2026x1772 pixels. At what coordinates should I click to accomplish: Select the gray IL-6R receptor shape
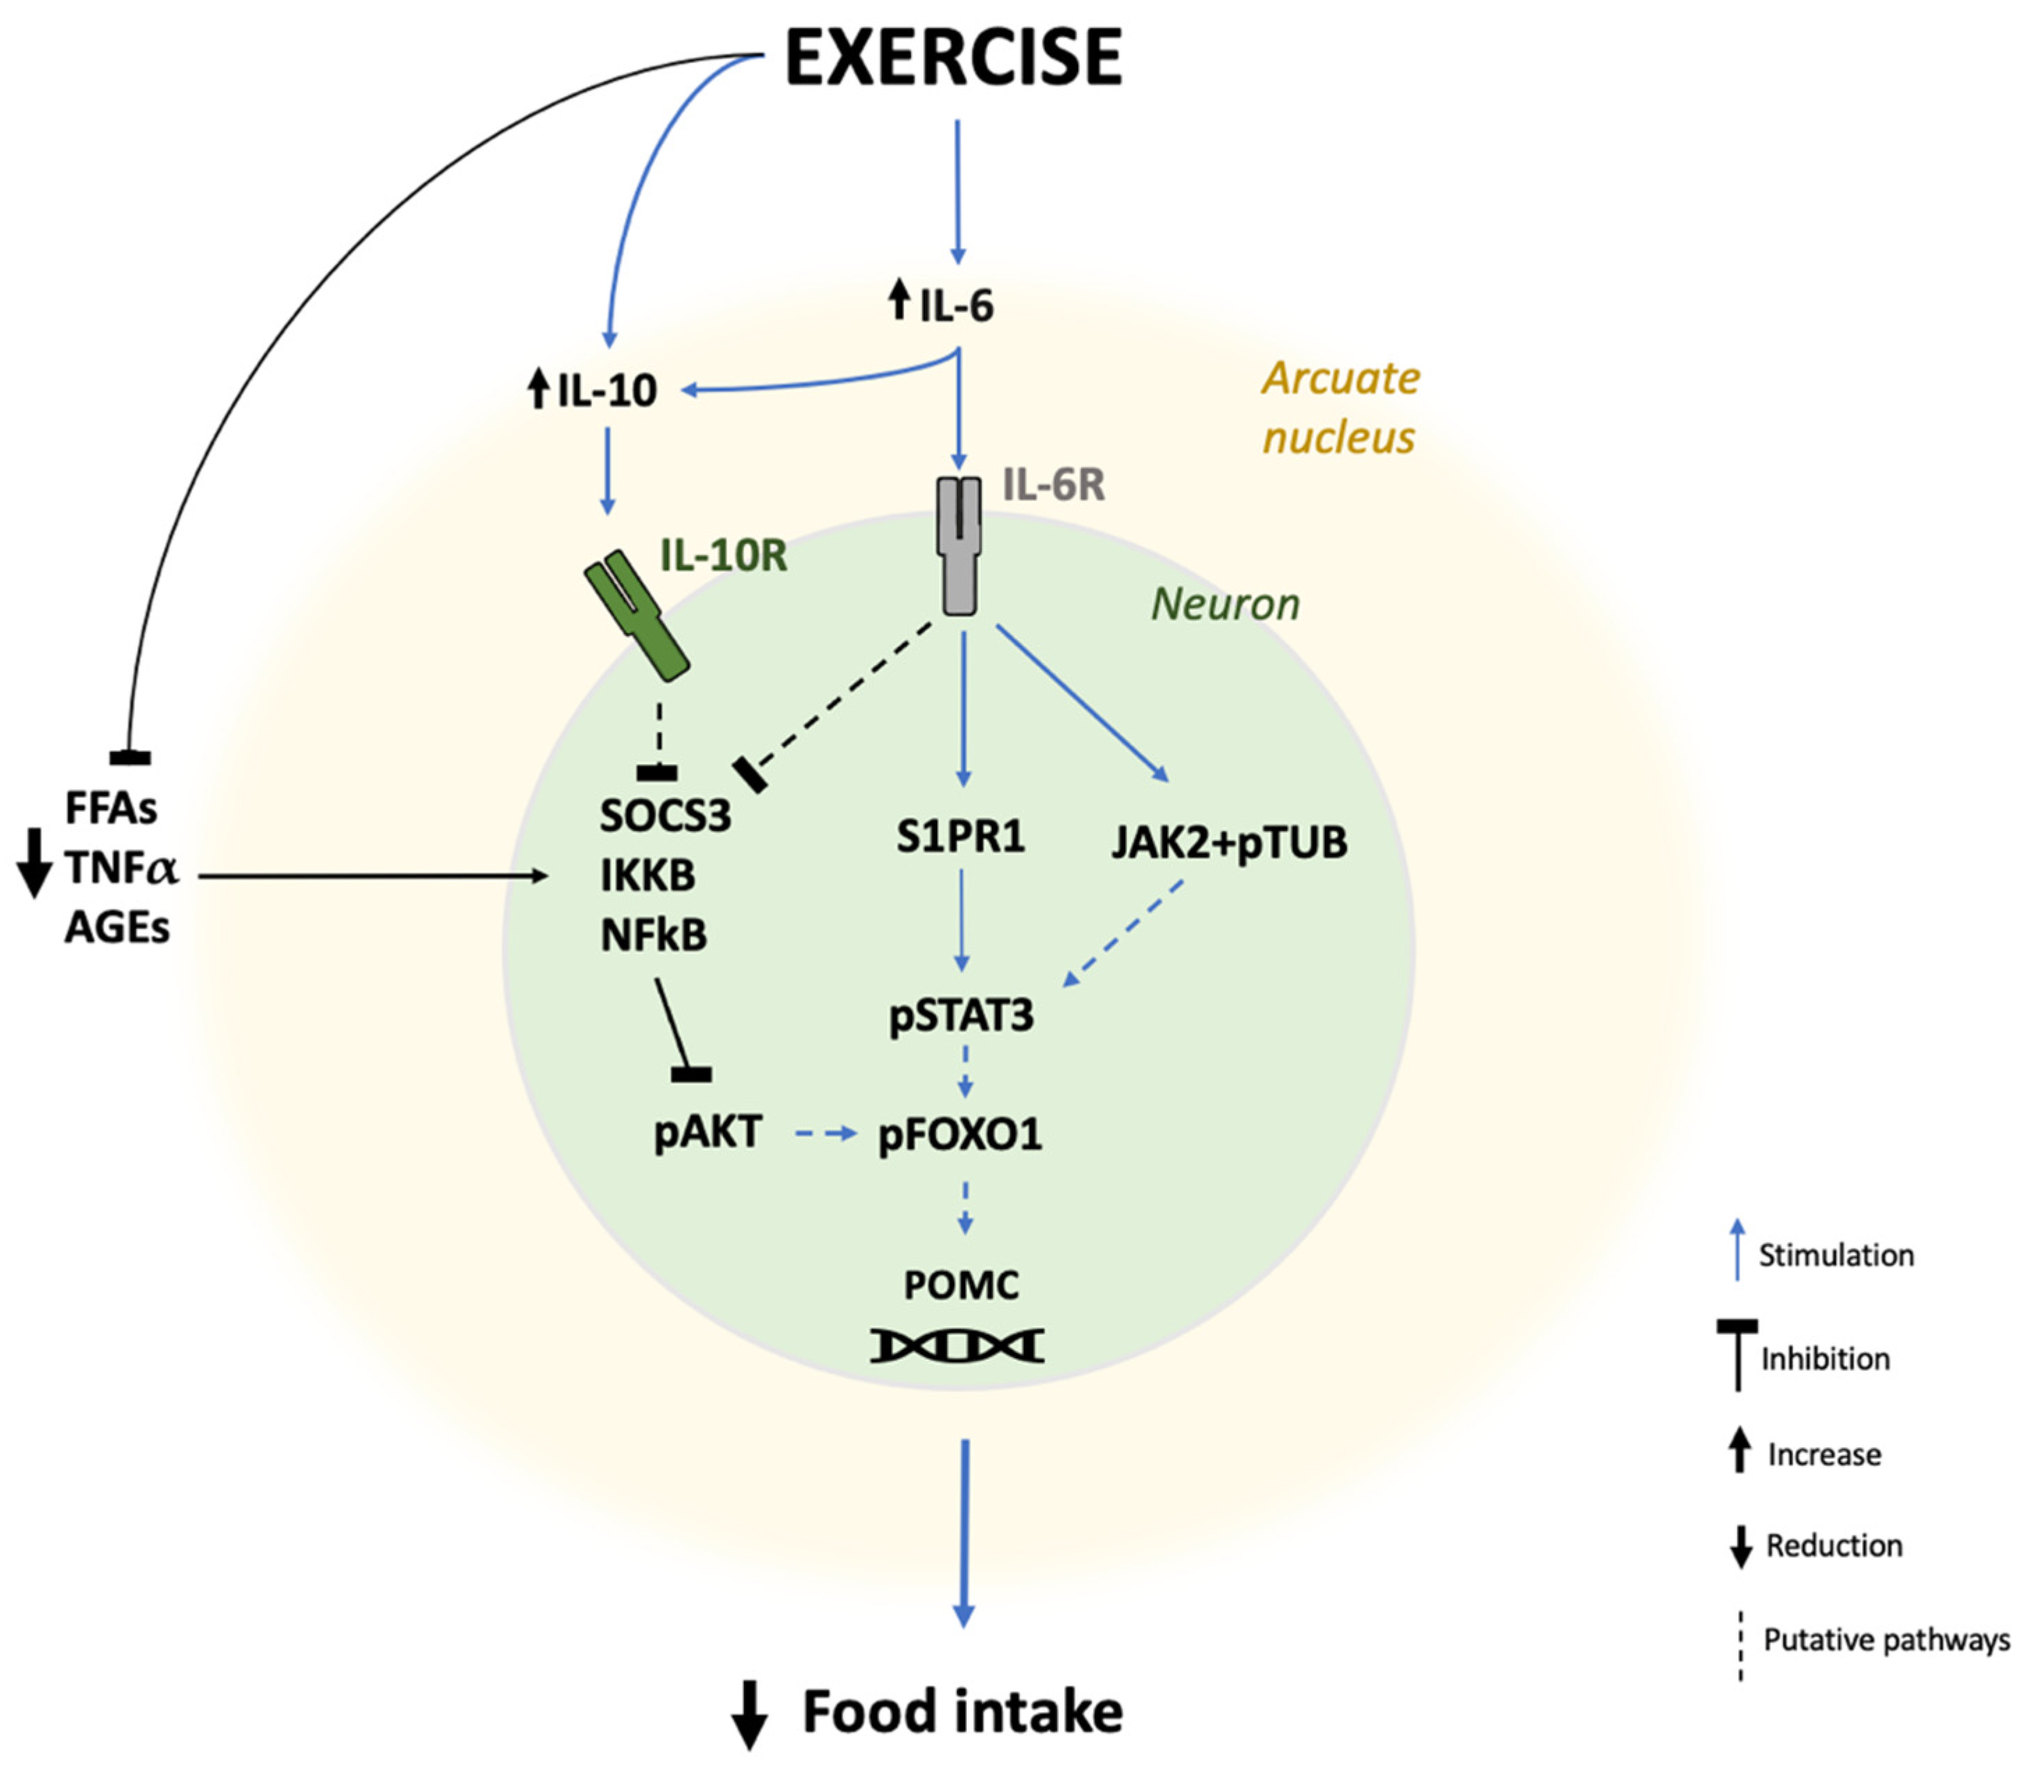pos(958,546)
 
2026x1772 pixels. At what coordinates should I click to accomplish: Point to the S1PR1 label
pos(960,837)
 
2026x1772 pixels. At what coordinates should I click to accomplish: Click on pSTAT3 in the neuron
pos(961,1016)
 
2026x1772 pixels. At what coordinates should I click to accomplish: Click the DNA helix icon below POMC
pos(957,1346)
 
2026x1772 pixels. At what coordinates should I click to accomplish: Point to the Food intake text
pos(962,1711)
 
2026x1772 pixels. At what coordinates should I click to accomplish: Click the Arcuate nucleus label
pos(1340,406)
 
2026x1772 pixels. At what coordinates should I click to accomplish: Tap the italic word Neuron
pos(1225,604)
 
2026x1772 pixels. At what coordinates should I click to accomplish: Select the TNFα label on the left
pos(120,868)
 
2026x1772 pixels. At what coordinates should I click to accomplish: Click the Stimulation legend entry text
pos(1835,1255)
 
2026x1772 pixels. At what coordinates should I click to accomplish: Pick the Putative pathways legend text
pos(1885,1640)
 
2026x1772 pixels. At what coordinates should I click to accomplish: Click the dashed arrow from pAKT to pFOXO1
pos(825,1134)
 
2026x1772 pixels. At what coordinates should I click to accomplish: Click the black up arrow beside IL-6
pos(899,300)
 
